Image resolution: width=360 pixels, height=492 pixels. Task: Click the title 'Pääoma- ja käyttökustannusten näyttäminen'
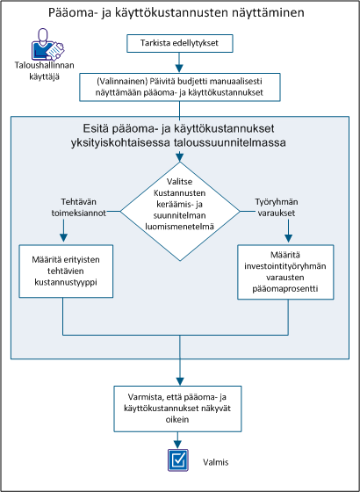pos(179,12)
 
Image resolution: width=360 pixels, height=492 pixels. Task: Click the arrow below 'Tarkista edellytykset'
pos(179,62)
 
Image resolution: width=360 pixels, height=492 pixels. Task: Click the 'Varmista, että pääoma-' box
pos(179,406)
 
